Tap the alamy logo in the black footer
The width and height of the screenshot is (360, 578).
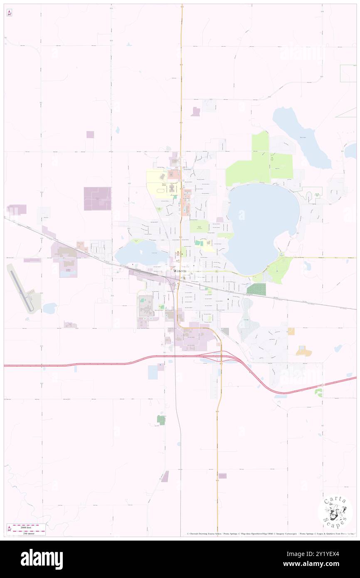point(42,559)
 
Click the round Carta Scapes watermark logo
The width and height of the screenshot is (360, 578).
point(335,512)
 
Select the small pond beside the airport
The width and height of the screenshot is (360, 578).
point(49,308)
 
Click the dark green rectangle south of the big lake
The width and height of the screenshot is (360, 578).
point(256,289)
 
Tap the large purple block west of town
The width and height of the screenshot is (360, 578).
point(98,198)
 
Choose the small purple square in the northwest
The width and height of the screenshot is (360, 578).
point(90,134)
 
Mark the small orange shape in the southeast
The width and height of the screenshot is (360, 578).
point(304,351)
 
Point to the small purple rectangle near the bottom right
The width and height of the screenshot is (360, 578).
point(222,476)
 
